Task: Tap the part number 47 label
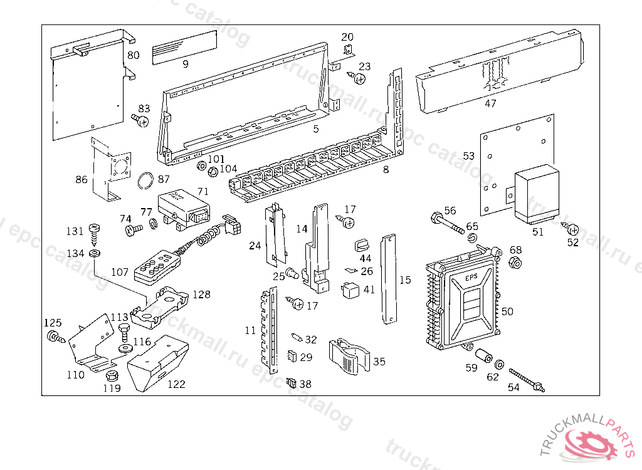point(490,103)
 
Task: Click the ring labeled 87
point(145,181)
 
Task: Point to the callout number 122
point(176,384)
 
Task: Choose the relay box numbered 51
point(536,194)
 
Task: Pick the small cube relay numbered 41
point(349,290)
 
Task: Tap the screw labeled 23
point(359,78)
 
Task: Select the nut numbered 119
point(112,375)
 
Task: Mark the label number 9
point(186,63)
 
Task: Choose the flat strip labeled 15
point(389,279)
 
